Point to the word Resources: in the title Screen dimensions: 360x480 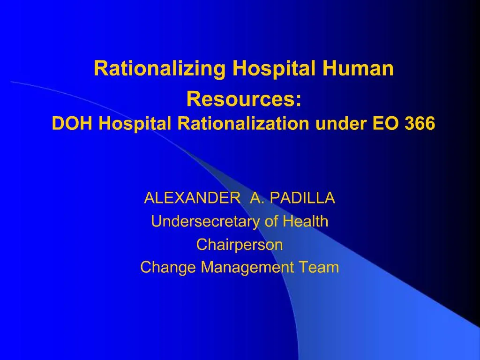[x=244, y=99]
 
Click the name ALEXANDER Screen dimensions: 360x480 [x=191, y=199]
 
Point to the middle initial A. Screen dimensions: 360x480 [x=256, y=199]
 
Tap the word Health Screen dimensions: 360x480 [x=306, y=222]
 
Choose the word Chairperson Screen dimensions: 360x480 [x=240, y=245]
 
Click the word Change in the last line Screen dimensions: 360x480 [x=169, y=268]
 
